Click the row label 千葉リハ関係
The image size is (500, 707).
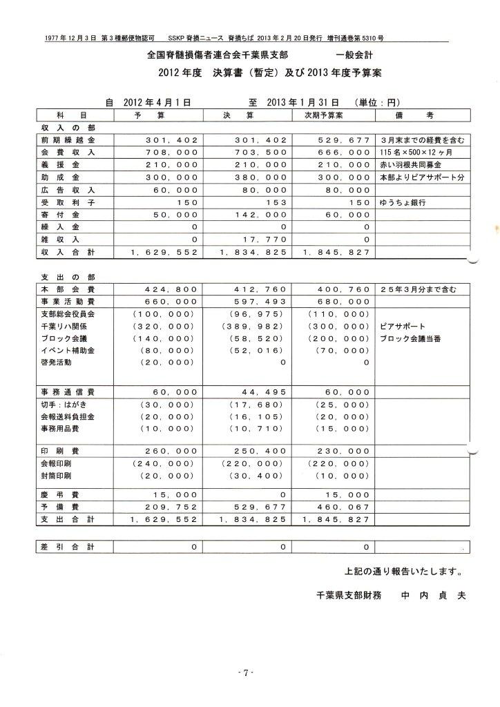(x=64, y=326)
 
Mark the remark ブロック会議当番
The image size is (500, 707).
(x=411, y=338)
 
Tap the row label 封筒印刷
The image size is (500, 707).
(x=57, y=476)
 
